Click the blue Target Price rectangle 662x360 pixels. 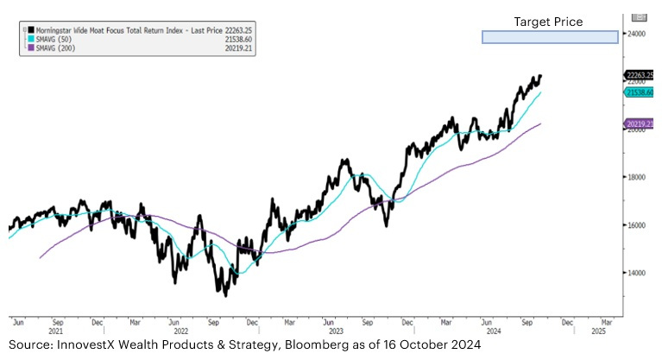[550, 37]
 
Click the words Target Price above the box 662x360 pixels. [548, 22]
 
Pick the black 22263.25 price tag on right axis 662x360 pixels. [640, 76]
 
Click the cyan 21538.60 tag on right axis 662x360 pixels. [640, 92]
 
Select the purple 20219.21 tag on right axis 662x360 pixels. [640, 124]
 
